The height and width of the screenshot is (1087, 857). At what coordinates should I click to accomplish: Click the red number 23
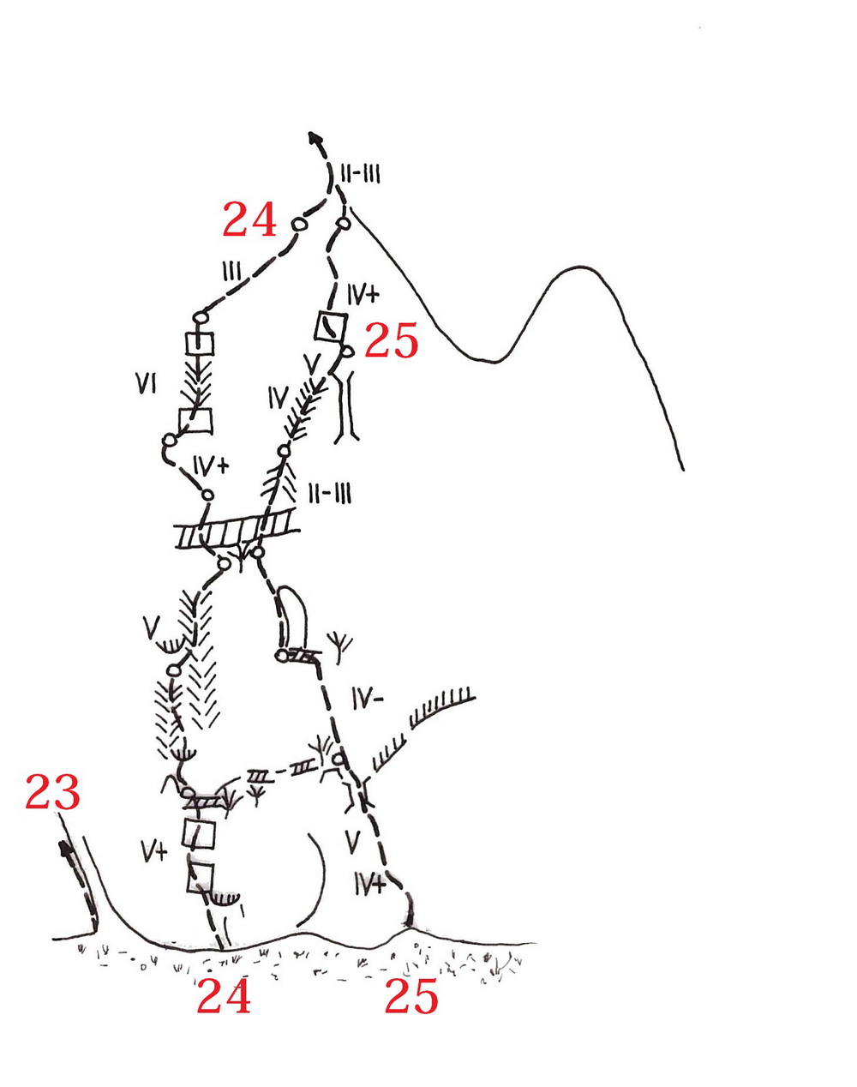pos(52,791)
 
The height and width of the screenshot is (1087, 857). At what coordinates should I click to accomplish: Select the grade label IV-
pos(369,699)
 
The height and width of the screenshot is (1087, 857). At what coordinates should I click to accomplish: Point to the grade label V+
pos(154,853)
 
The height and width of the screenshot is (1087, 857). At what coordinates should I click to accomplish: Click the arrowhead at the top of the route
pos(315,138)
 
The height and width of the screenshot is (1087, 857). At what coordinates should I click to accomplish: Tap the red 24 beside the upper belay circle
pos(249,219)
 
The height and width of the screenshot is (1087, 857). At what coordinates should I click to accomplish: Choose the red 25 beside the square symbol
pos(392,340)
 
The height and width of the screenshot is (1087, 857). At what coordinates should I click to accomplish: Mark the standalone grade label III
pos(231,272)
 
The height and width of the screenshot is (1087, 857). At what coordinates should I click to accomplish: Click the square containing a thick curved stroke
pos(331,327)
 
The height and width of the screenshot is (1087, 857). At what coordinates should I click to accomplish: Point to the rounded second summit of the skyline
pos(581,267)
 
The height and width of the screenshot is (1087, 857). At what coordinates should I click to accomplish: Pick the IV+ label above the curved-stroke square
pos(363,294)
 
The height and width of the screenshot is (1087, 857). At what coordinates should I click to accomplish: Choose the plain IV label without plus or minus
pos(279,397)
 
